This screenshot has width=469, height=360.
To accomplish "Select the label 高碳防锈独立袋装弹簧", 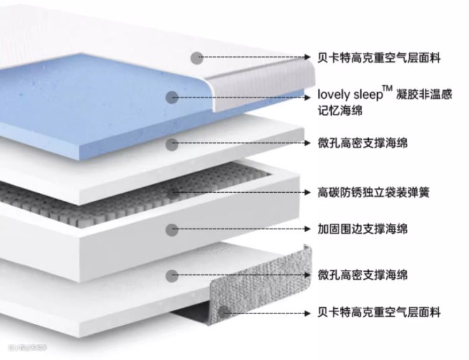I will point(373,192).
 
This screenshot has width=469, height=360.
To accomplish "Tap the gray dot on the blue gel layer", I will point(173,97).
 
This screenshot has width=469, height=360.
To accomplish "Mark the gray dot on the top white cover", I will point(197,58).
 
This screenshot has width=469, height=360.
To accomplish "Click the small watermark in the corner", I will point(25,346).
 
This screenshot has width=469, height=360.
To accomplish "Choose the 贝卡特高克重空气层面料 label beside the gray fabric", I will point(379,312).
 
